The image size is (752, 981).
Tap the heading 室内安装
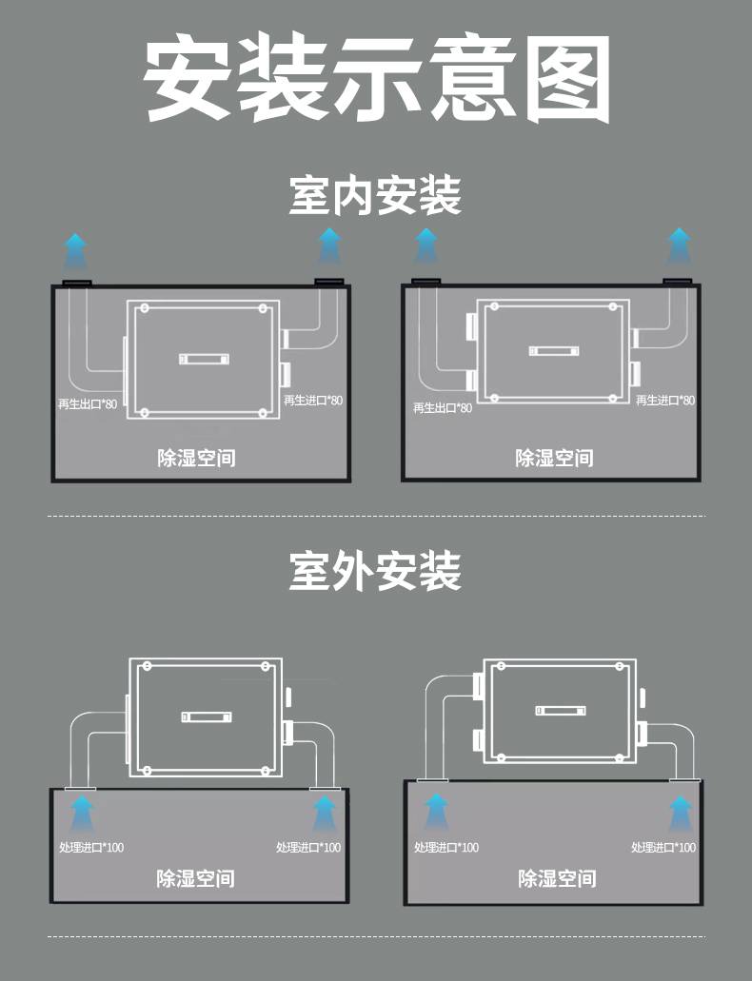(x=375, y=196)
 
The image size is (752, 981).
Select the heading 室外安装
(x=375, y=571)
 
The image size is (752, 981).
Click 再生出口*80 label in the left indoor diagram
(x=88, y=404)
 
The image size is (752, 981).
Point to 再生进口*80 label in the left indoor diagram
(x=313, y=401)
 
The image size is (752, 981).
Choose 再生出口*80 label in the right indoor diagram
(x=443, y=408)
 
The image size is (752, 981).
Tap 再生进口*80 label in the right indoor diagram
(x=665, y=401)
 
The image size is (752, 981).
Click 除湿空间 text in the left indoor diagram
(x=197, y=458)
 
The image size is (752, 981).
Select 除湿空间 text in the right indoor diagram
(x=555, y=458)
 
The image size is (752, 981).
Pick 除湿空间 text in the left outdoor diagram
(x=196, y=878)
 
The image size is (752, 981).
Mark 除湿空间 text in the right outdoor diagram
(x=557, y=878)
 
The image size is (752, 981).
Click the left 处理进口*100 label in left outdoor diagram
(x=91, y=847)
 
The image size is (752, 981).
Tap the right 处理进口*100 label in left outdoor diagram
(x=308, y=847)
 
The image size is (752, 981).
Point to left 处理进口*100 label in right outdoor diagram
(x=446, y=847)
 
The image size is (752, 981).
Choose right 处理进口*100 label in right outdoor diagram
(x=663, y=847)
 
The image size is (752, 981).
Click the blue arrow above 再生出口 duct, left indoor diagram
(x=76, y=251)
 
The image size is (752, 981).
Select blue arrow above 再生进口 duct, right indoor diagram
(x=679, y=245)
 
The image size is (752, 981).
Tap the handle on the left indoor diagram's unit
(x=204, y=359)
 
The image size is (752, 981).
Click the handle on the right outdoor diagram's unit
(x=561, y=710)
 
